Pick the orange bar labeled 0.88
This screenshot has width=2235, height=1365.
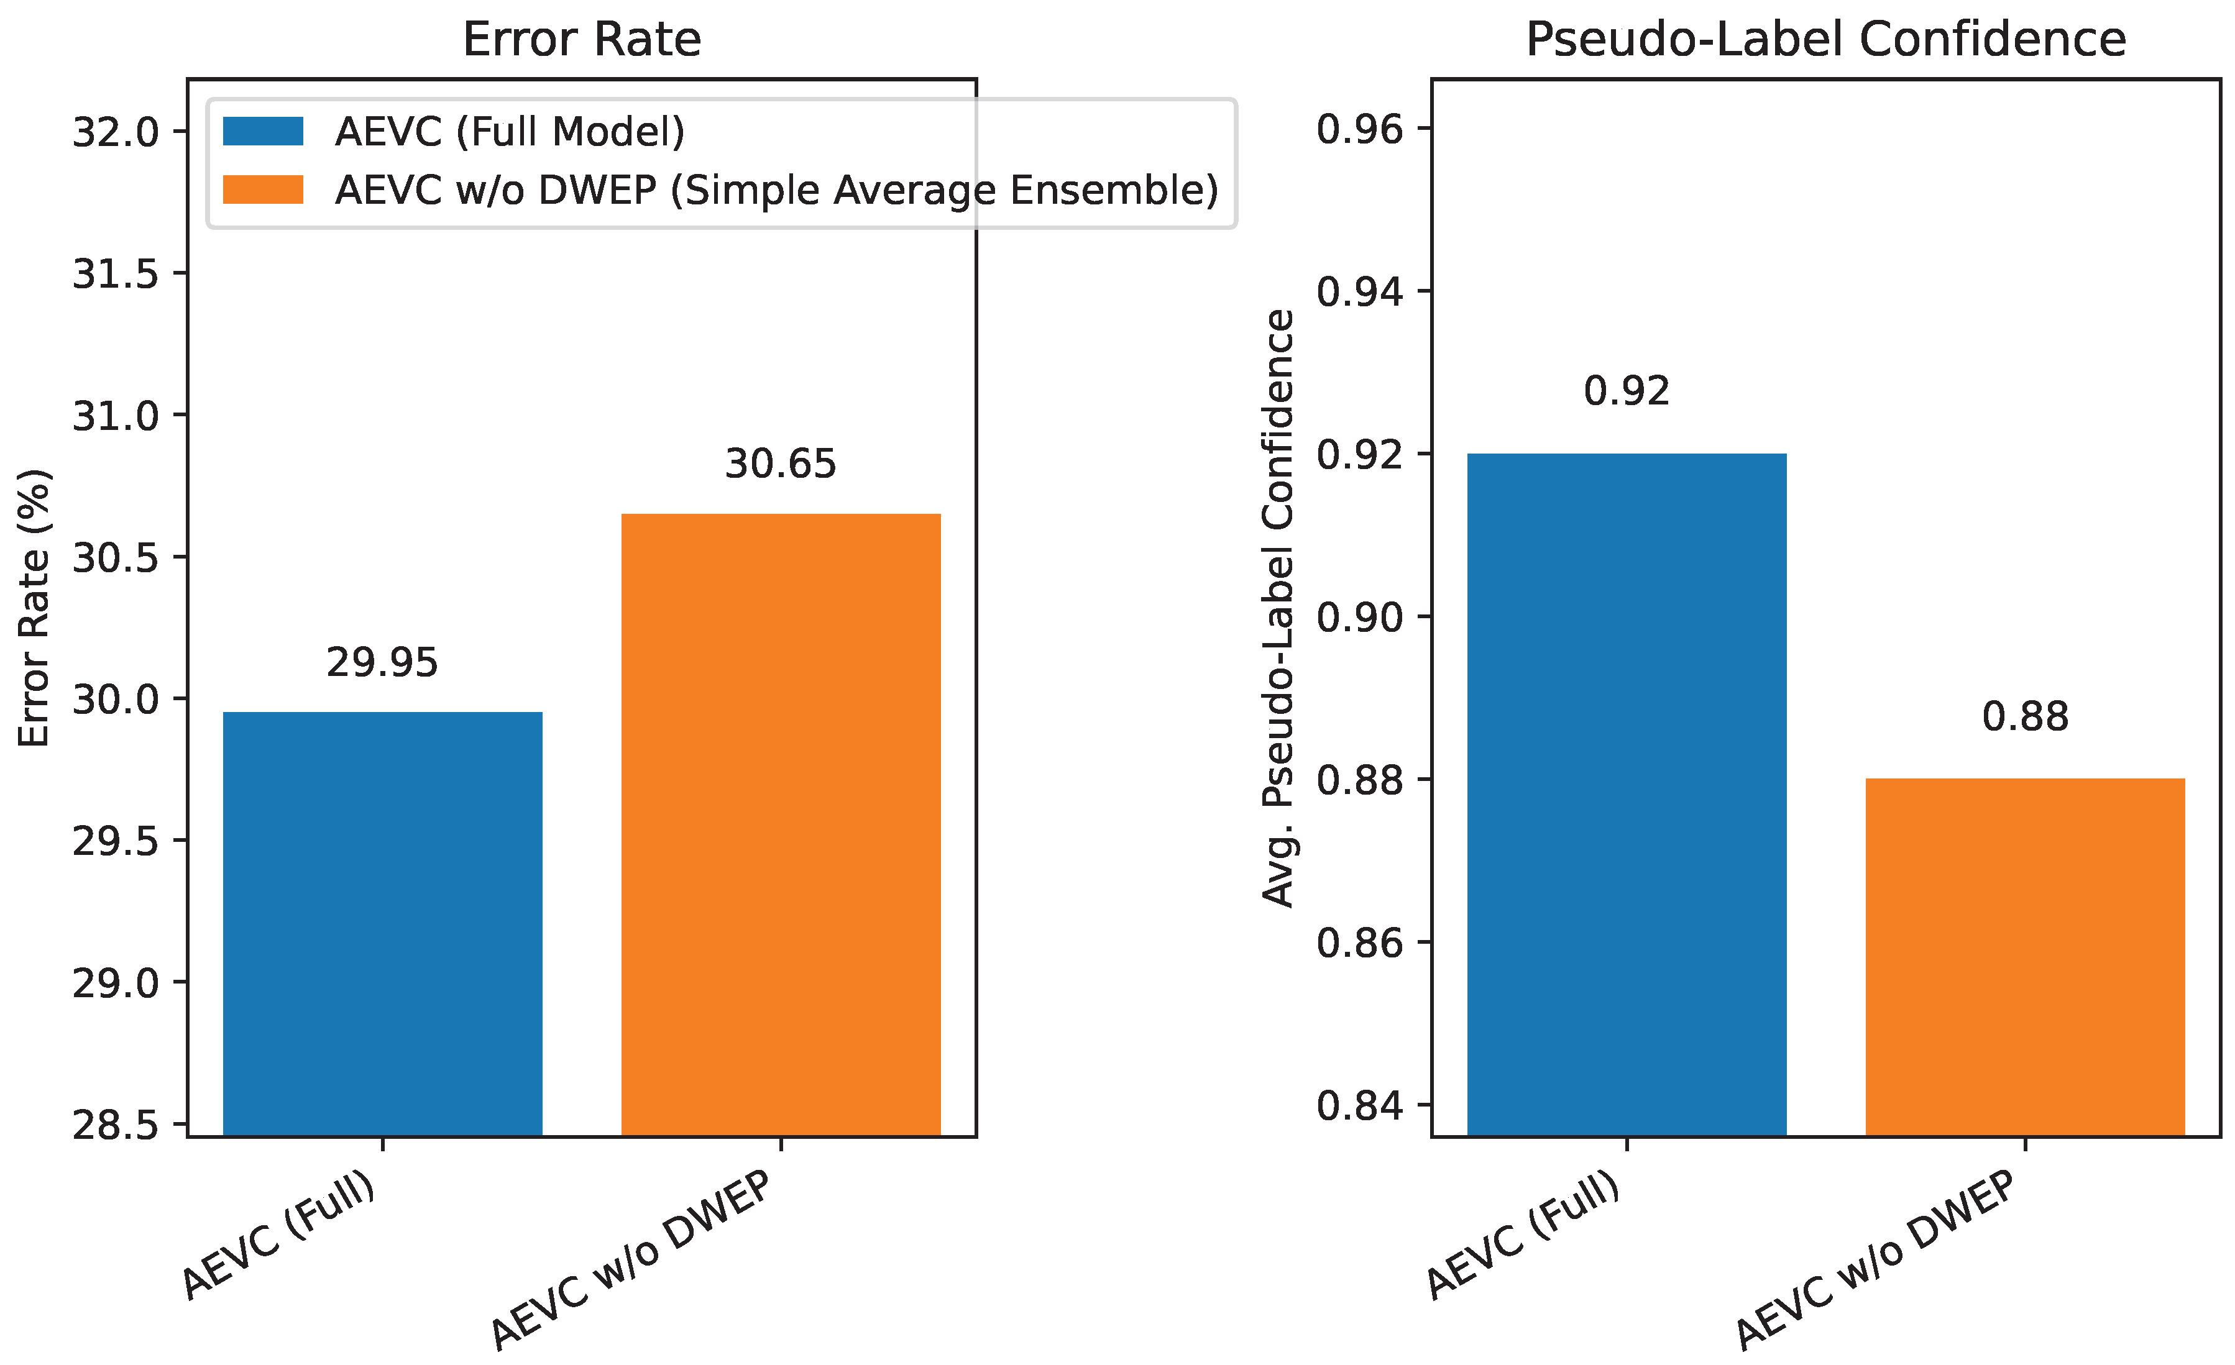click(2024, 956)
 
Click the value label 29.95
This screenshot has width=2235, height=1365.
click(382, 663)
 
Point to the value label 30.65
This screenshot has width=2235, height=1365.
click(780, 464)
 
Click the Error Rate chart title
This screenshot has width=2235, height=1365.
click(581, 40)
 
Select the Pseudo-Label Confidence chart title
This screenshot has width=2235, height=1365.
click(1825, 40)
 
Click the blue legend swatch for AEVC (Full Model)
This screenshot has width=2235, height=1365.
click(263, 132)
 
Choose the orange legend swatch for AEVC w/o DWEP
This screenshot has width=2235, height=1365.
click(263, 189)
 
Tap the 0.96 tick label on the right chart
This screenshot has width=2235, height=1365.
click(1359, 130)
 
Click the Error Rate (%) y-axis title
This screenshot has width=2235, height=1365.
click(34, 608)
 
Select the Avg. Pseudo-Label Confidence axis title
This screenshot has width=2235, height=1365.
click(1279, 608)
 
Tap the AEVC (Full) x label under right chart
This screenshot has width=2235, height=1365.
click(1524, 1235)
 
